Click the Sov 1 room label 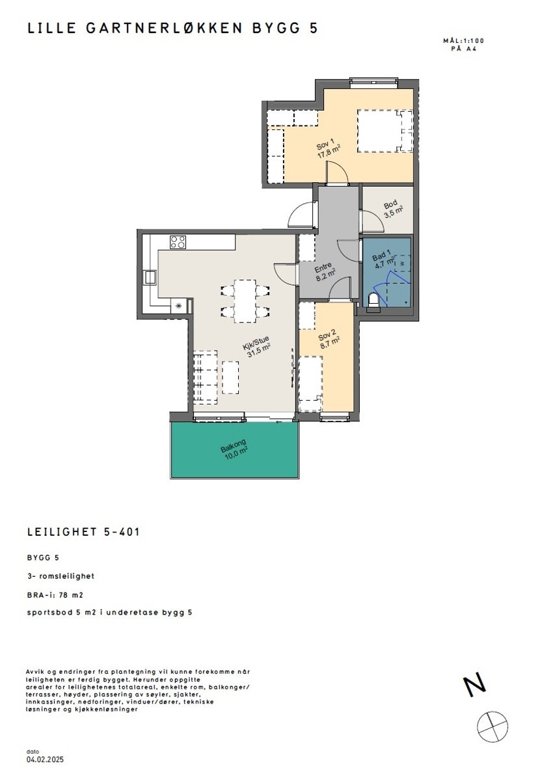pyautogui.click(x=325, y=149)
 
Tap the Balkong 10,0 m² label pyautogui.click(x=234, y=450)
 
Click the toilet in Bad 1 pyautogui.click(x=374, y=302)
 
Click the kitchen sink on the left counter pyautogui.click(x=150, y=278)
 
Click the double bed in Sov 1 pyautogui.click(x=384, y=131)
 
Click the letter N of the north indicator pyautogui.click(x=475, y=685)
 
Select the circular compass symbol pyautogui.click(x=492, y=726)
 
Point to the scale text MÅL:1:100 pyautogui.click(x=463, y=41)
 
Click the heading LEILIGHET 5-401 pyautogui.click(x=83, y=532)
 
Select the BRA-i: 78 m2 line pyautogui.click(x=55, y=594)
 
